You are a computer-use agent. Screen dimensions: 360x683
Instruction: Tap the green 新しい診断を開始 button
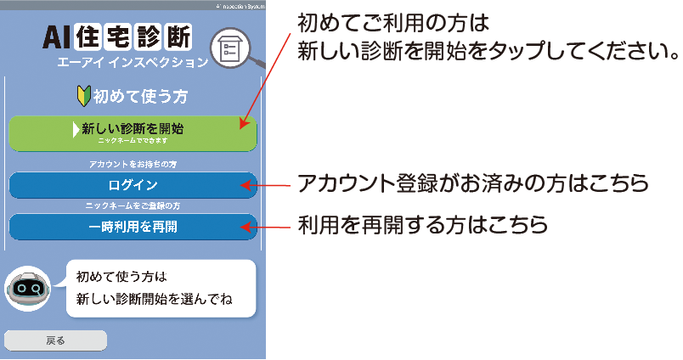[133, 133]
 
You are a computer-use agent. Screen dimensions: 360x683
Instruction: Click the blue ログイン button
[133, 184]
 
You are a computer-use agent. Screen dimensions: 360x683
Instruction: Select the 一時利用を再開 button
[133, 227]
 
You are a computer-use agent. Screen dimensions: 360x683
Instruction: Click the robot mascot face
[29, 289]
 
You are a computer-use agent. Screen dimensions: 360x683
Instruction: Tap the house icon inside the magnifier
[229, 49]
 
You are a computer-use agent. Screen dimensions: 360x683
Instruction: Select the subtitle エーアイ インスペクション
[132, 63]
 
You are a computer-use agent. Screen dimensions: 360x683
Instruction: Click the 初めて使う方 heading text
[140, 97]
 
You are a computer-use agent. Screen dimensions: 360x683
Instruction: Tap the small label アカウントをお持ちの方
[133, 162]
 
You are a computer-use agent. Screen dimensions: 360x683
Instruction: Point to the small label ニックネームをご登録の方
[133, 206]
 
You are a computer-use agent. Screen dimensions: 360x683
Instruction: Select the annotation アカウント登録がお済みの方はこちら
[471, 183]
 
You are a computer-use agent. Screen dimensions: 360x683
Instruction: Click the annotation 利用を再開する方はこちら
[422, 226]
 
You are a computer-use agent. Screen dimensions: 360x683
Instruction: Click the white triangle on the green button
[75, 130]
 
